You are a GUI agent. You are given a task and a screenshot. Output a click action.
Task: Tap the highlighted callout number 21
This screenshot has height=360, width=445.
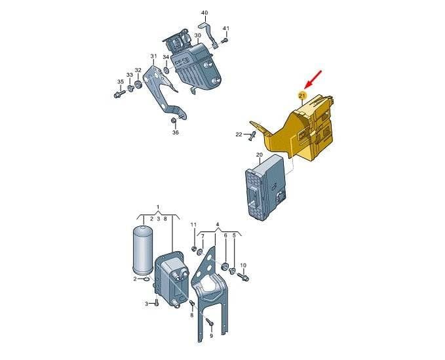[301, 95]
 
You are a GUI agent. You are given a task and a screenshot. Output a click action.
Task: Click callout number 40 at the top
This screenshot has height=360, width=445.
[204, 12]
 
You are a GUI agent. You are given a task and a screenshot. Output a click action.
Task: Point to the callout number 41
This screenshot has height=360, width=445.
[225, 28]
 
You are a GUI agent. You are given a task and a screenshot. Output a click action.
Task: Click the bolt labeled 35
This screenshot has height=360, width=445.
[119, 94]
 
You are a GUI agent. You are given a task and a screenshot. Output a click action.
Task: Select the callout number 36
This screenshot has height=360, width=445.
[176, 132]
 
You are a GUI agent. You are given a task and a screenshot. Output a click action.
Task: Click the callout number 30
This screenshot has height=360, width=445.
[198, 35]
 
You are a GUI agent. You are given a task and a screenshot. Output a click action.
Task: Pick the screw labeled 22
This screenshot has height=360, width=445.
[251, 136]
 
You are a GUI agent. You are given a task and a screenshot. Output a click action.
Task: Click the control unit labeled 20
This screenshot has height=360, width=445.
[265, 187]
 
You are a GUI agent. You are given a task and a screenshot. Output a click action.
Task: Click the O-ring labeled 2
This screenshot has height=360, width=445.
[146, 279]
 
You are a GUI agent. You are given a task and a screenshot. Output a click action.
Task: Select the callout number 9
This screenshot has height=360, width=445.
[212, 336]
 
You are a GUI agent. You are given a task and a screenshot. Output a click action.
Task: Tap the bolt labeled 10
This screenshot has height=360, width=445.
[244, 276]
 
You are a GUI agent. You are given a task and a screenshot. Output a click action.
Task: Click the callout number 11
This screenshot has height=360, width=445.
[193, 224]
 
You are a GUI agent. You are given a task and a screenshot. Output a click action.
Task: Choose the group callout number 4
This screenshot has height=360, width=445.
[218, 224]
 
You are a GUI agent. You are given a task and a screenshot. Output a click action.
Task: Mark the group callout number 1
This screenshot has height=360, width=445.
[159, 207]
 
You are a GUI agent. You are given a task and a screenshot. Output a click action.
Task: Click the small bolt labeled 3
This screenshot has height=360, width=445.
[157, 304]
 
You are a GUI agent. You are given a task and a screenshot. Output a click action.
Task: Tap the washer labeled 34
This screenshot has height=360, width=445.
[166, 70]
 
